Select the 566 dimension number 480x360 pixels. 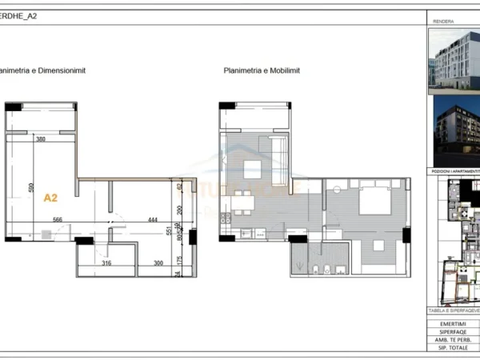tap(58, 220)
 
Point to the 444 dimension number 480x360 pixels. tap(152, 220)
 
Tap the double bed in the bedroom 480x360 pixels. tap(373, 200)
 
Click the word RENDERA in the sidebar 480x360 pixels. tap(444, 22)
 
